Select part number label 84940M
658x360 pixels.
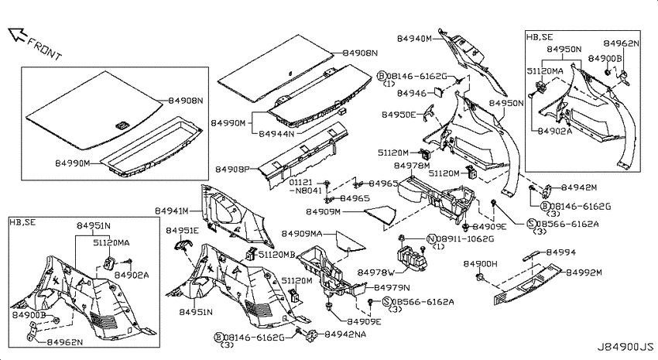point(414,39)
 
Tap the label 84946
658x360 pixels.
point(412,93)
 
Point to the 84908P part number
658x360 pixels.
point(232,169)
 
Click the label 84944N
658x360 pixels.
point(276,134)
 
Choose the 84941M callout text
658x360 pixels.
point(172,211)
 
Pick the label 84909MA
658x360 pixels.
point(302,233)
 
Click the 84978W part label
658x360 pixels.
point(376,273)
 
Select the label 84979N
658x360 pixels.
point(392,287)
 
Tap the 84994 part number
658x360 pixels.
point(561,252)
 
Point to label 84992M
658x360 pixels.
point(584,273)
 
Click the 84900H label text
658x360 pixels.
point(481,264)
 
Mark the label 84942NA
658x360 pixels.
point(345,334)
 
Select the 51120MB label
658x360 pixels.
point(276,254)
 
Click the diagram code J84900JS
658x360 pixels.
point(625,347)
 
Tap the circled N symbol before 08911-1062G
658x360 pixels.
point(431,239)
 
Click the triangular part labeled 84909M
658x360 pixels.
point(381,214)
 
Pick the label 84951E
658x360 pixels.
point(182,231)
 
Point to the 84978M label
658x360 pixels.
point(412,166)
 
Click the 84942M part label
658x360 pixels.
point(579,187)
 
